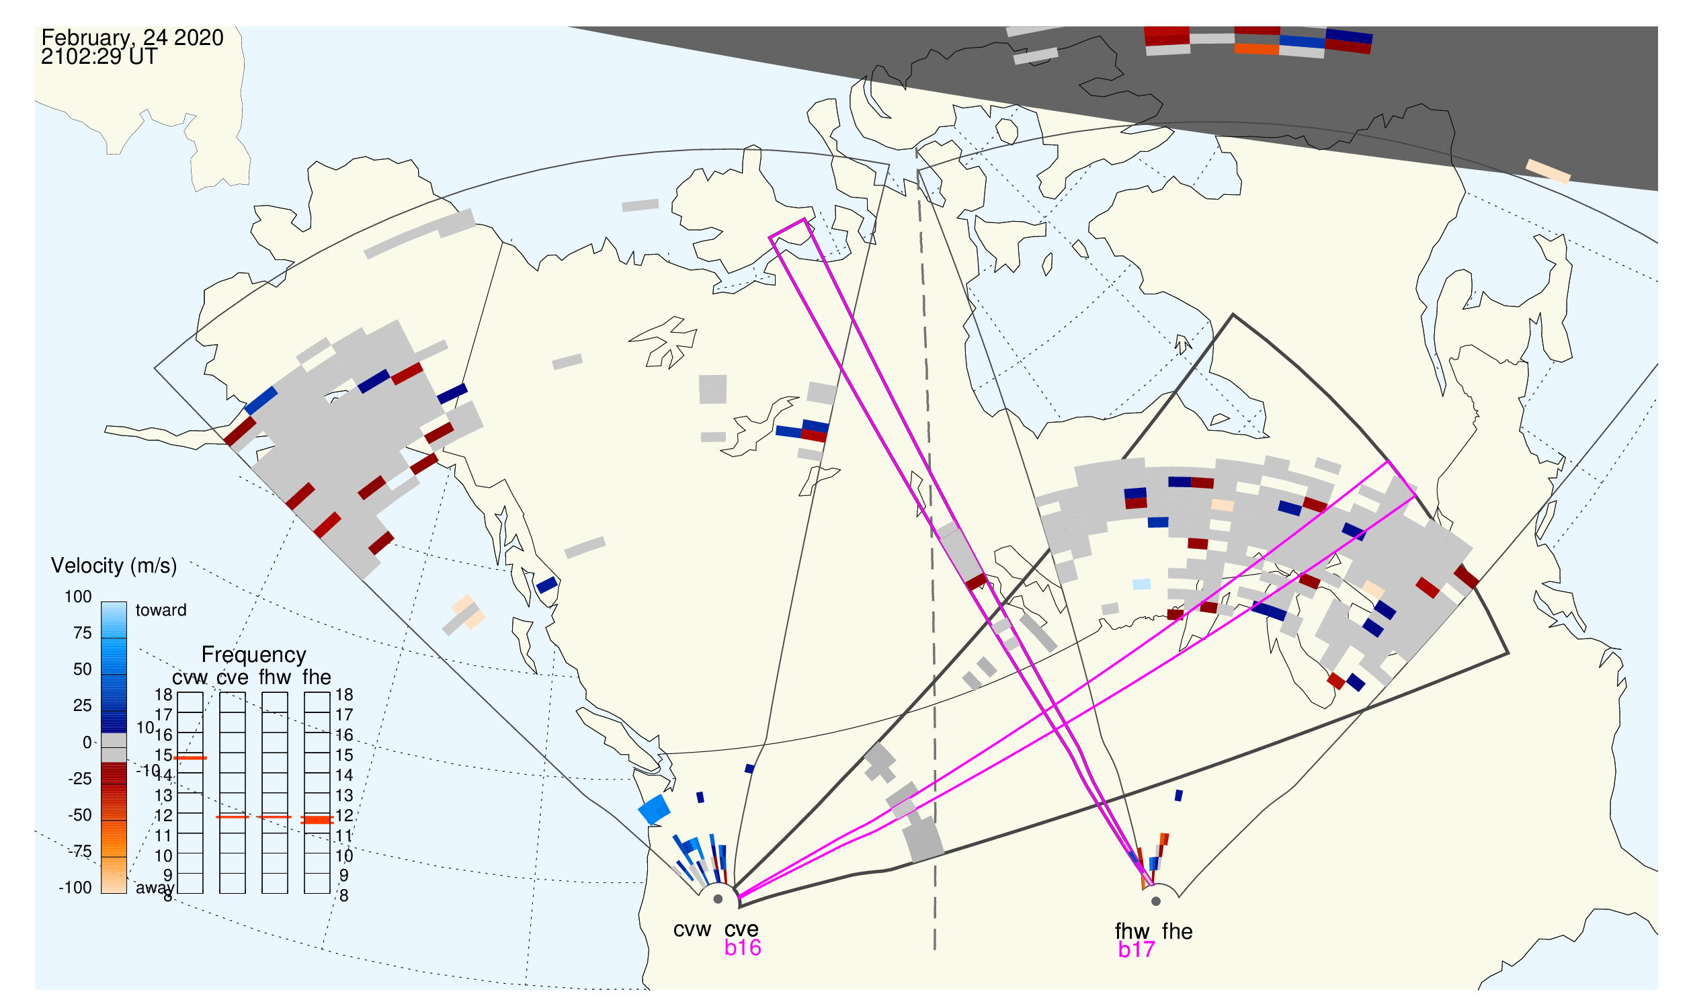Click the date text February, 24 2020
pyautogui.click(x=132, y=37)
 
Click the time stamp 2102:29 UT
pyautogui.click(x=99, y=57)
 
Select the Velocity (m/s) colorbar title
pyautogui.click(x=114, y=567)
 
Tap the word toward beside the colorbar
pyautogui.click(x=161, y=610)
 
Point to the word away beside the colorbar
pyautogui.click(x=155, y=888)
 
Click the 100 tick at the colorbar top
pyautogui.click(x=78, y=597)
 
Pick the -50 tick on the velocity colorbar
pyautogui.click(x=80, y=815)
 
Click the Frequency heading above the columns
pyautogui.click(x=254, y=655)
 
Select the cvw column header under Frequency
pyautogui.click(x=190, y=678)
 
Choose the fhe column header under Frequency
pyautogui.click(x=317, y=677)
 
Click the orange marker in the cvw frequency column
pyautogui.click(x=190, y=759)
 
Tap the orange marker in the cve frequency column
pyautogui.click(x=232, y=817)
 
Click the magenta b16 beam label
pyautogui.click(x=743, y=948)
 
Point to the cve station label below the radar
pyautogui.click(x=741, y=929)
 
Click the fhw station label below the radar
pyautogui.click(x=1132, y=931)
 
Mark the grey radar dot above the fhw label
pyautogui.click(x=1156, y=901)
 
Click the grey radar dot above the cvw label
pyautogui.click(x=718, y=900)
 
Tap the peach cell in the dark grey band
pyautogui.click(x=1549, y=171)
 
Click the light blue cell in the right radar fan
pyautogui.click(x=1141, y=585)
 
